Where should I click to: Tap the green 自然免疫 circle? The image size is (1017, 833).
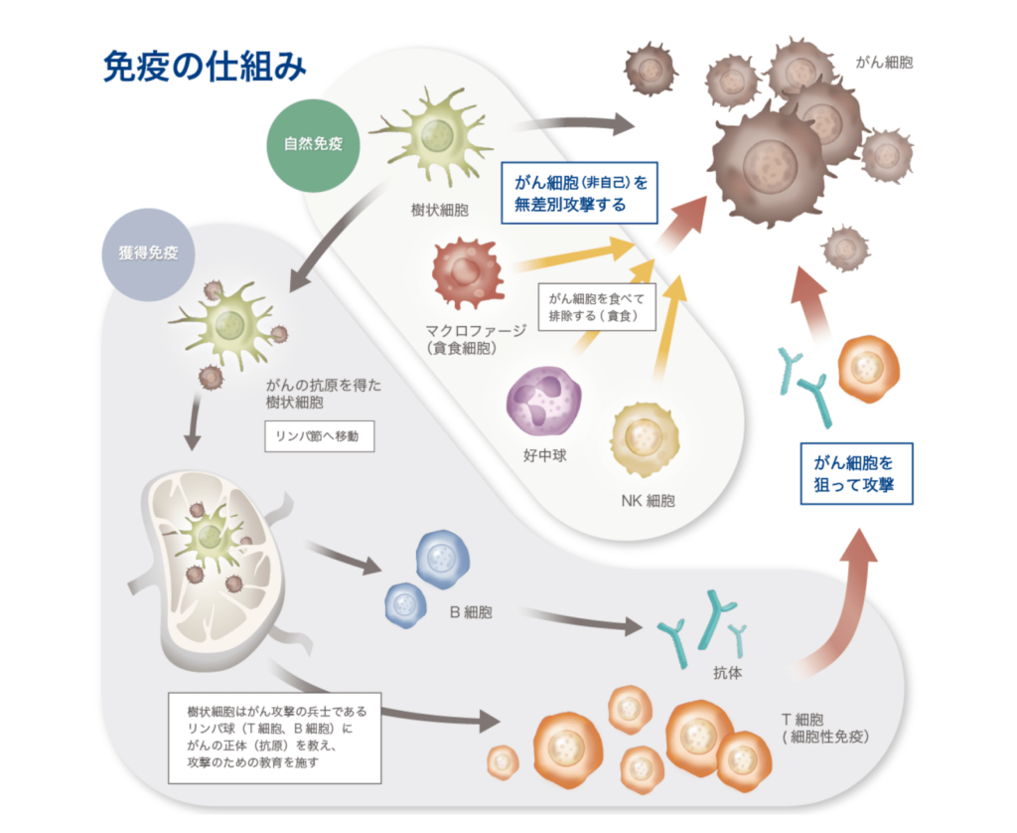click(x=307, y=143)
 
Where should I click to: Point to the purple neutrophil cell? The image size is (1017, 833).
click(x=544, y=403)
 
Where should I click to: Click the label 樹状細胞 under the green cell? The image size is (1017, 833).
click(x=440, y=210)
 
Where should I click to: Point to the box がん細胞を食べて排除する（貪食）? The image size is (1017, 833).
click(x=600, y=307)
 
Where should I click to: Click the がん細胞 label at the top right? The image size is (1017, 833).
click(x=884, y=62)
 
